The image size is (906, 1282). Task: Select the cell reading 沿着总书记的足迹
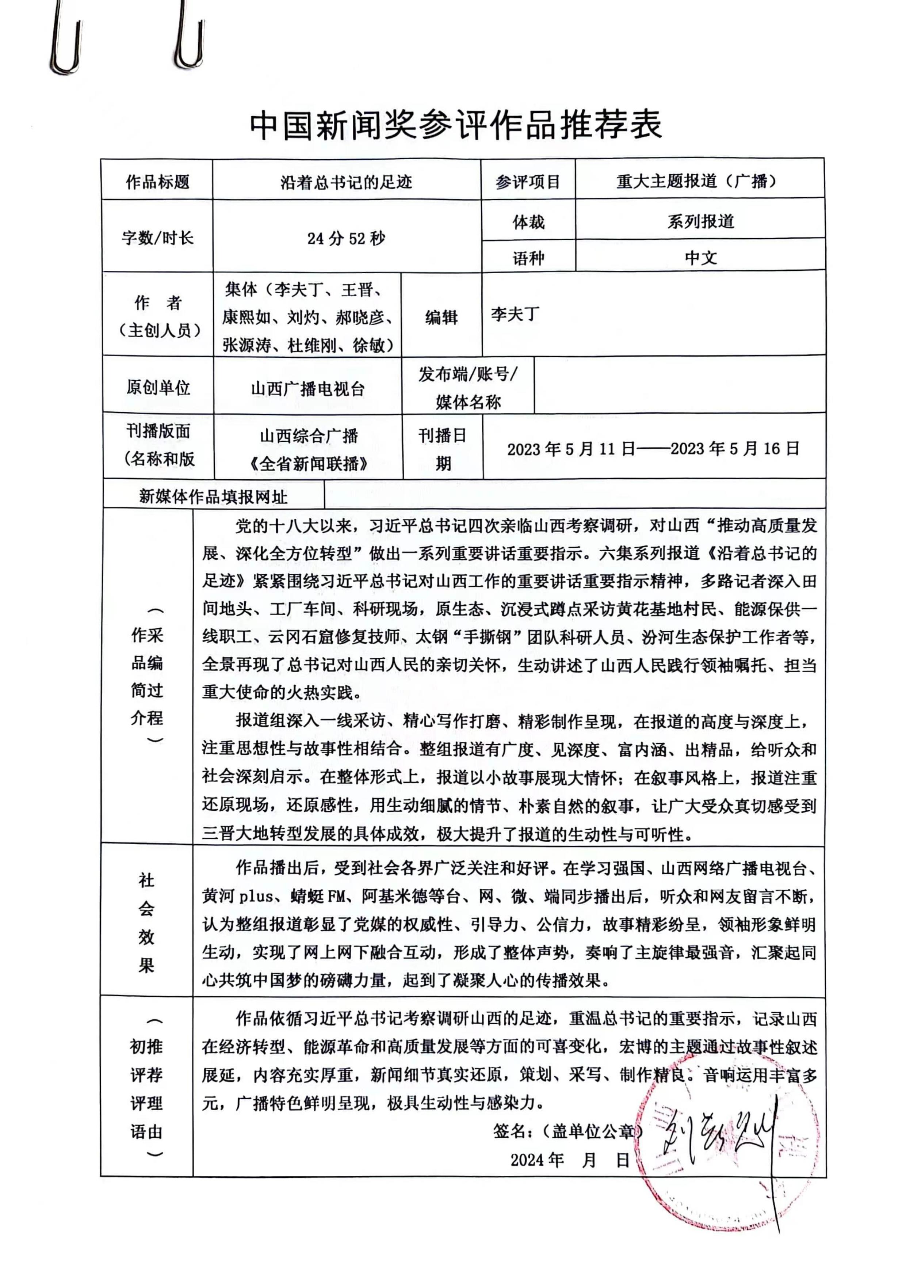point(346,182)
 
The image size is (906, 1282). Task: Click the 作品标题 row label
point(157,182)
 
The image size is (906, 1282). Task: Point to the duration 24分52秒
point(346,239)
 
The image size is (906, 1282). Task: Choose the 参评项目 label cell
point(528,182)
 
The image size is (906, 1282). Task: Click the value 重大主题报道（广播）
point(699,182)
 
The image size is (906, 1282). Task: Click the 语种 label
point(528,258)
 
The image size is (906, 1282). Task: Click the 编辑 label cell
point(441,317)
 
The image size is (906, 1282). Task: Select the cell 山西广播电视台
point(307,388)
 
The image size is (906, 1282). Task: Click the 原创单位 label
point(158,388)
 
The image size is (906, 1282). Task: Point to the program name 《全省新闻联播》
point(309,463)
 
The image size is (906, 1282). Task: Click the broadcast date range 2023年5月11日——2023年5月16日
point(653,448)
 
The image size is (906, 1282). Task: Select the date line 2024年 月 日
point(569,1160)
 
